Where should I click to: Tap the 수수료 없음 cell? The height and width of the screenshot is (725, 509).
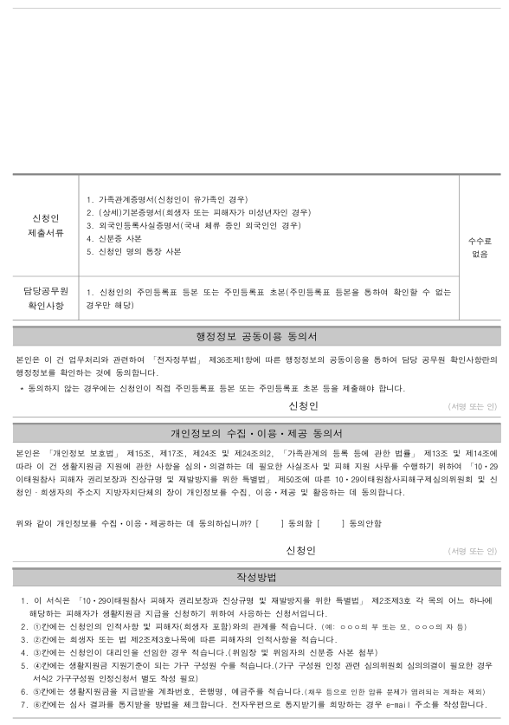click(x=479, y=246)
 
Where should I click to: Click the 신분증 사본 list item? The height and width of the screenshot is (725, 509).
click(x=114, y=238)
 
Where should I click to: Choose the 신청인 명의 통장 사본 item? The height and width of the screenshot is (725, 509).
click(x=134, y=251)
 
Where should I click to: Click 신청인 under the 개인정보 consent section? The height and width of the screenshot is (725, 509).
click(x=300, y=550)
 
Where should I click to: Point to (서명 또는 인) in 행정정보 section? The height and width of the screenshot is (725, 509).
click(x=473, y=405)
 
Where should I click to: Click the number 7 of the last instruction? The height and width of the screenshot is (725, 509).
click(x=23, y=703)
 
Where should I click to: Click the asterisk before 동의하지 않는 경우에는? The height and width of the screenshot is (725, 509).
click(x=21, y=389)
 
